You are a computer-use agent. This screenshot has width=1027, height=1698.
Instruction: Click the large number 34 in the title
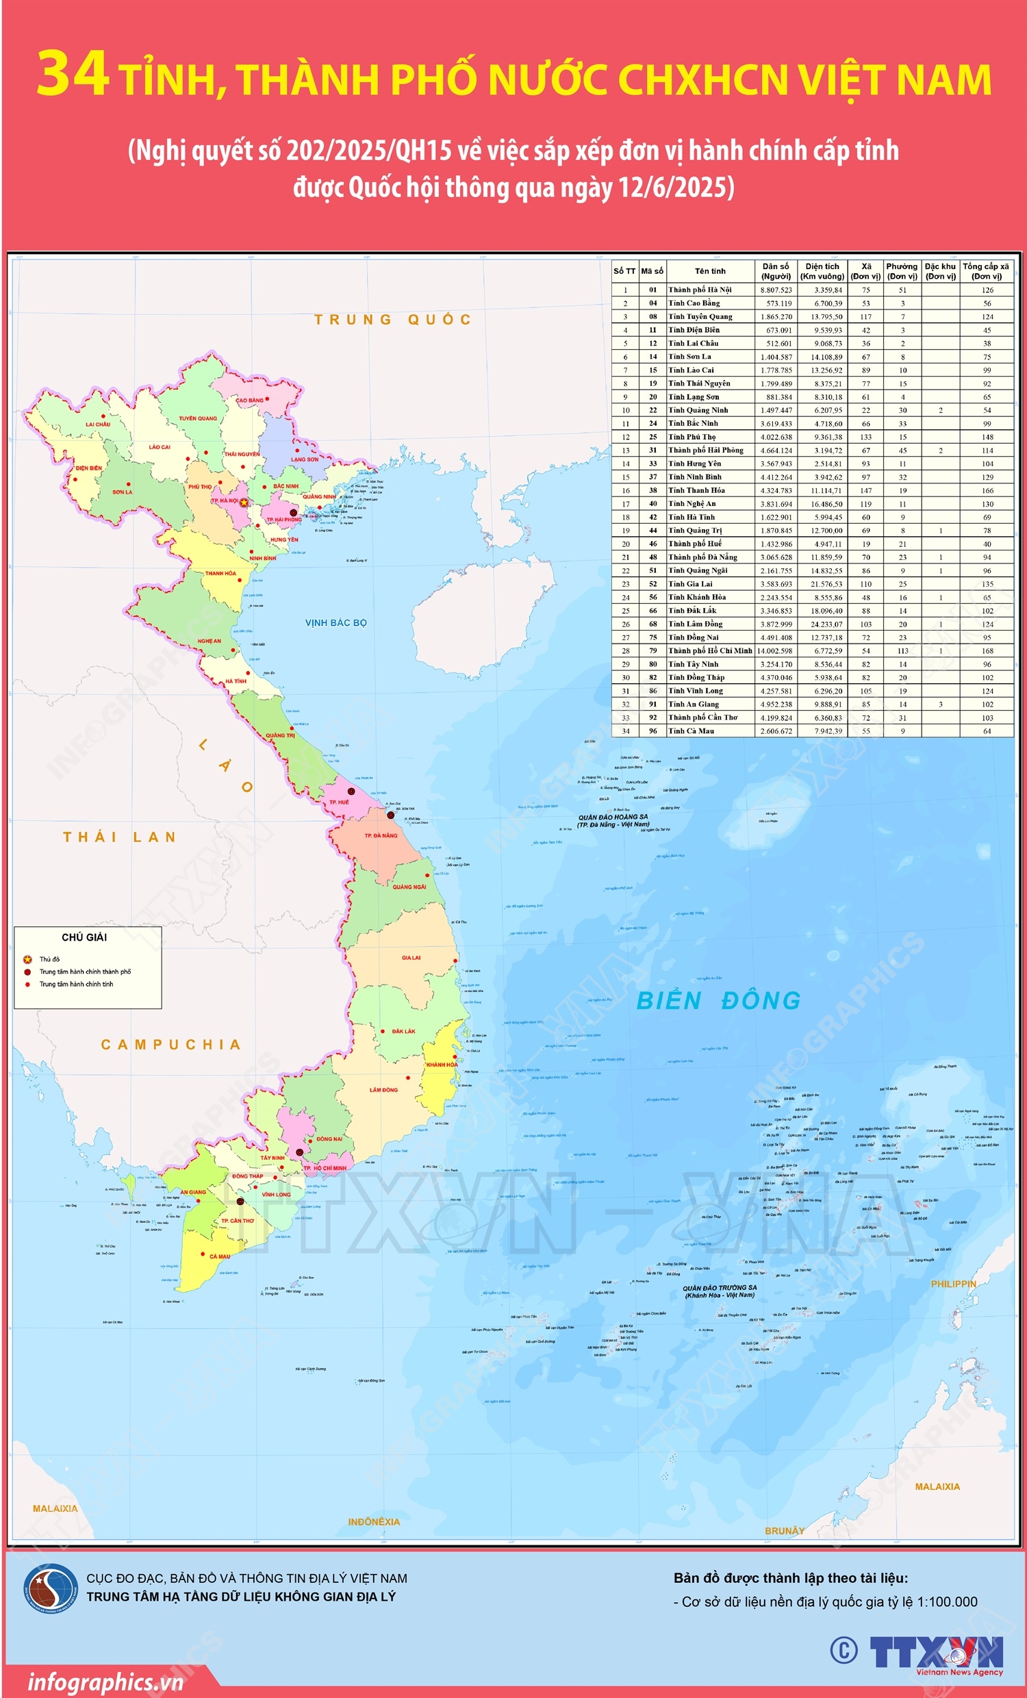(x=73, y=74)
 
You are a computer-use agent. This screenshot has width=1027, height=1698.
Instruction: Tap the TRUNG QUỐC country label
(x=392, y=319)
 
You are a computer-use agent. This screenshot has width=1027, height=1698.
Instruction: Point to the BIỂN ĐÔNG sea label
(x=718, y=1000)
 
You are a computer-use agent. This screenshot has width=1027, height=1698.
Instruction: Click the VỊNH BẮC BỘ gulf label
(x=335, y=623)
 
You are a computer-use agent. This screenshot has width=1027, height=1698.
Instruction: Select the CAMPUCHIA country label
(x=171, y=1045)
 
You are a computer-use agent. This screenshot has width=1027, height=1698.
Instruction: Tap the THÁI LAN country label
(x=120, y=837)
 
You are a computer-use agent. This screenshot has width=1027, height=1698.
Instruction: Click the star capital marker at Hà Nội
(x=243, y=503)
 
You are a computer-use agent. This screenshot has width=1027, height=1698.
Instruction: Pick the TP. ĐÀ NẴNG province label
(x=381, y=835)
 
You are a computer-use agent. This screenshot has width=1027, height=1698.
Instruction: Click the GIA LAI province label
(x=411, y=958)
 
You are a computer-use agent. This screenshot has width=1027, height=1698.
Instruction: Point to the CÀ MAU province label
(x=220, y=1256)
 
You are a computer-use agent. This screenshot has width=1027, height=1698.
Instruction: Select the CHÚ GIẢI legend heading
(x=84, y=937)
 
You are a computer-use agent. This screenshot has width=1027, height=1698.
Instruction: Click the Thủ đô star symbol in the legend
(x=27, y=959)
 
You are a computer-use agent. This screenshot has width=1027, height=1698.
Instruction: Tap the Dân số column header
(x=776, y=271)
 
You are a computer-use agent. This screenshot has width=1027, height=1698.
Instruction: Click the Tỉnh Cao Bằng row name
(x=694, y=303)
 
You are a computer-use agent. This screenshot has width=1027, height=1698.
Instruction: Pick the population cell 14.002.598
(x=776, y=650)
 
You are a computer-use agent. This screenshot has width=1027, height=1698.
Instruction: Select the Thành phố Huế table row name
(x=695, y=544)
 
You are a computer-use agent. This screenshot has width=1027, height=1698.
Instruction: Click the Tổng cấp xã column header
(x=986, y=271)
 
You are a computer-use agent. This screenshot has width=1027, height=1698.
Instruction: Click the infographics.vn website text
(x=105, y=1682)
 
